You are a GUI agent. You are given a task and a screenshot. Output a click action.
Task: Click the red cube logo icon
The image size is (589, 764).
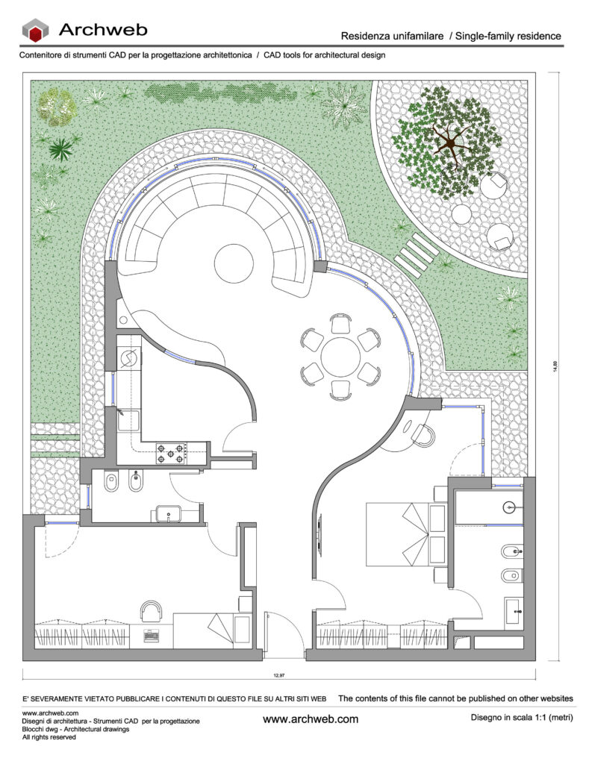(35, 31)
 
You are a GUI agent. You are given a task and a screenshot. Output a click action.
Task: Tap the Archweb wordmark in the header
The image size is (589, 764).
(103, 30)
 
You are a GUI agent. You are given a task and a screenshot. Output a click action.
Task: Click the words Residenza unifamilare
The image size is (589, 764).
(392, 36)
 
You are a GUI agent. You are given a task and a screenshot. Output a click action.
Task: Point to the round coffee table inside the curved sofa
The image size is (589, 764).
(234, 263)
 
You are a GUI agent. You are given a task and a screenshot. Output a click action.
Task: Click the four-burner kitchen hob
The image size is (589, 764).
(171, 454)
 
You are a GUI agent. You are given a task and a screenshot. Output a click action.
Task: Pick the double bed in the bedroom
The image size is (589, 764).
(405, 534)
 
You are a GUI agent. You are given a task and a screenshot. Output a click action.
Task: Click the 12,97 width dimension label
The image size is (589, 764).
(279, 675)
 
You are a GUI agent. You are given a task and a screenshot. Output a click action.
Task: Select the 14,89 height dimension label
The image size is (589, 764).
(555, 366)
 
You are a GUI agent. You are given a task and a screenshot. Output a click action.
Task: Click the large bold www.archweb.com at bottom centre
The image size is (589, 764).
(311, 719)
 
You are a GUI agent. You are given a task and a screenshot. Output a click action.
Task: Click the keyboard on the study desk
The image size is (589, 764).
(151, 636)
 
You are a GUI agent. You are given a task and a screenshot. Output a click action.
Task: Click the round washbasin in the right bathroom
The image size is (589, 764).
(509, 507)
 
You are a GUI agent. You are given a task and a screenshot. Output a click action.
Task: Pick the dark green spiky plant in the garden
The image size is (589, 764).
(61, 148)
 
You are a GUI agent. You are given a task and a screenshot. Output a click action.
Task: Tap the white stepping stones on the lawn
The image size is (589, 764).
(417, 255)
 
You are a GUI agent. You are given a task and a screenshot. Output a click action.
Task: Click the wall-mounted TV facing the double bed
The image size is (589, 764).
(320, 534)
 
